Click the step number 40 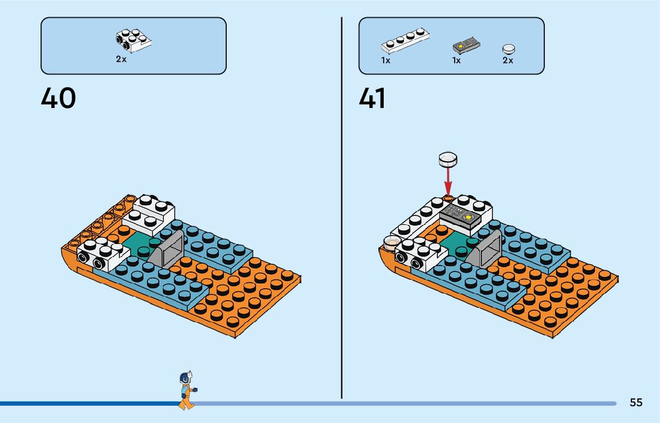point(58,98)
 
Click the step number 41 point(372,98)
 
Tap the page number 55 point(636,403)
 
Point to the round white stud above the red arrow point(448,159)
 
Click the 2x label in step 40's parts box point(121,60)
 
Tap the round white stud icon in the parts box point(508,49)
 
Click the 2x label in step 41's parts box point(508,60)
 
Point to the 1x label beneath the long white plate point(386,60)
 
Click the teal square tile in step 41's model point(457,244)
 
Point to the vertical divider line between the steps point(341,209)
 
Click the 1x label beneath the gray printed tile point(457,60)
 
